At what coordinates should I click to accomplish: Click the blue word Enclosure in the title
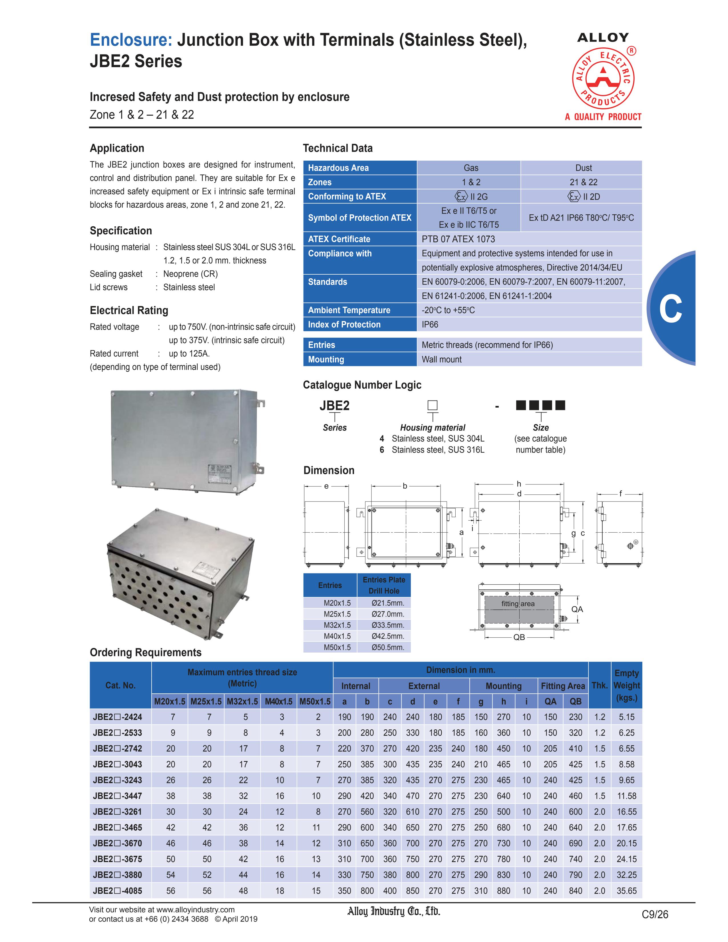pos(131,40)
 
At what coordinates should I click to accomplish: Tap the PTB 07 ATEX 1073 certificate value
pos(458,239)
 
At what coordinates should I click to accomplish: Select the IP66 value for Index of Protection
pos(430,324)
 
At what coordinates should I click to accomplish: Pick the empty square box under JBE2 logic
pos(432,405)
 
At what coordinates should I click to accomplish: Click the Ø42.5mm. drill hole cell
pos(388,636)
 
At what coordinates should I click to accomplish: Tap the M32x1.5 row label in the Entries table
pos(337,625)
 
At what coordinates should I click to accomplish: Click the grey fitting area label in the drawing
pos(518,604)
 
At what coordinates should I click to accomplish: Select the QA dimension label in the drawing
pos(577,609)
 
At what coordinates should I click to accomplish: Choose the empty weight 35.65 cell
pos(626,891)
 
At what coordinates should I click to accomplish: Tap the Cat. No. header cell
pos(120,685)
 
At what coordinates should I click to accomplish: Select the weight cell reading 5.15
pos(626,717)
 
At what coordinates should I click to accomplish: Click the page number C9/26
pos(655,914)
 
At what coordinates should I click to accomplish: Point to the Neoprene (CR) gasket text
pos(190,274)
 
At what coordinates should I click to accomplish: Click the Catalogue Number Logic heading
pos(362,385)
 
